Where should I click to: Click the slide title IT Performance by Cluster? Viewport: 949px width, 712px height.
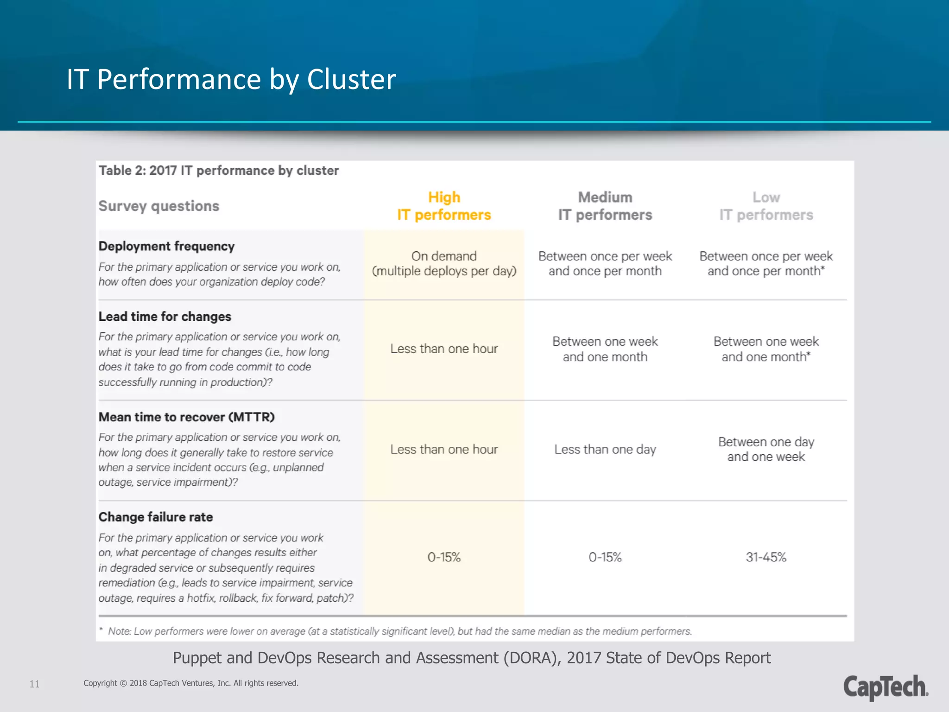(231, 79)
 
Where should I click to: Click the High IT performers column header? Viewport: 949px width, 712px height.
(443, 206)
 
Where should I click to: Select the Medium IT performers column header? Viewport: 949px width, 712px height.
(605, 206)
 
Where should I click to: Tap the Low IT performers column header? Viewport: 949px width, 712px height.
(766, 206)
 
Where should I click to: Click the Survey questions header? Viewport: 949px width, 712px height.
(158, 206)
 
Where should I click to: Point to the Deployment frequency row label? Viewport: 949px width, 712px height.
(166, 246)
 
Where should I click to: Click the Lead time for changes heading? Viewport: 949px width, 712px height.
(164, 317)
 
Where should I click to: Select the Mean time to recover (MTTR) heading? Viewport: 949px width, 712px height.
(186, 417)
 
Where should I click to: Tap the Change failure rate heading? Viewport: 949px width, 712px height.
(156, 517)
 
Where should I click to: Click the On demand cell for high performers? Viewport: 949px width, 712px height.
(443, 263)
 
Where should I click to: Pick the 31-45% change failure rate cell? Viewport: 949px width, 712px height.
(766, 557)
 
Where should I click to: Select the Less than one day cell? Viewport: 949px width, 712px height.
(605, 449)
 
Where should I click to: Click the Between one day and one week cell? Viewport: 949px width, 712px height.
(766, 449)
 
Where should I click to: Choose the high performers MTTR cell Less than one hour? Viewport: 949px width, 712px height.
(443, 449)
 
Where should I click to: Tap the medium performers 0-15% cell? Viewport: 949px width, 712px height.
(605, 557)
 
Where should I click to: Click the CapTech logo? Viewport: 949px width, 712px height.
(885, 687)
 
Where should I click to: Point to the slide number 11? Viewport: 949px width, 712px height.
(34, 684)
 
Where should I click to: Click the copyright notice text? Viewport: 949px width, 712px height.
(191, 683)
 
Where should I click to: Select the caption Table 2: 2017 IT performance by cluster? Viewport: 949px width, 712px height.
(218, 171)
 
